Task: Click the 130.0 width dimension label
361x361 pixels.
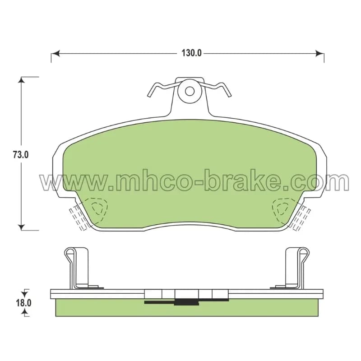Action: pyautogui.click(x=191, y=53)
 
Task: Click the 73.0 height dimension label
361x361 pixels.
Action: pyautogui.click(x=21, y=155)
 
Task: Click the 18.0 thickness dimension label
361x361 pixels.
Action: pyautogui.click(x=23, y=303)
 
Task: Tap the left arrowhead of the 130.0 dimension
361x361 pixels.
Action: pyautogui.click(x=56, y=53)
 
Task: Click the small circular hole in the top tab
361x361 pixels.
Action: pyautogui.click(x=190, y=91)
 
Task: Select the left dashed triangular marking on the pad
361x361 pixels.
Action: pyautogui.click(x=97, y=208)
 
